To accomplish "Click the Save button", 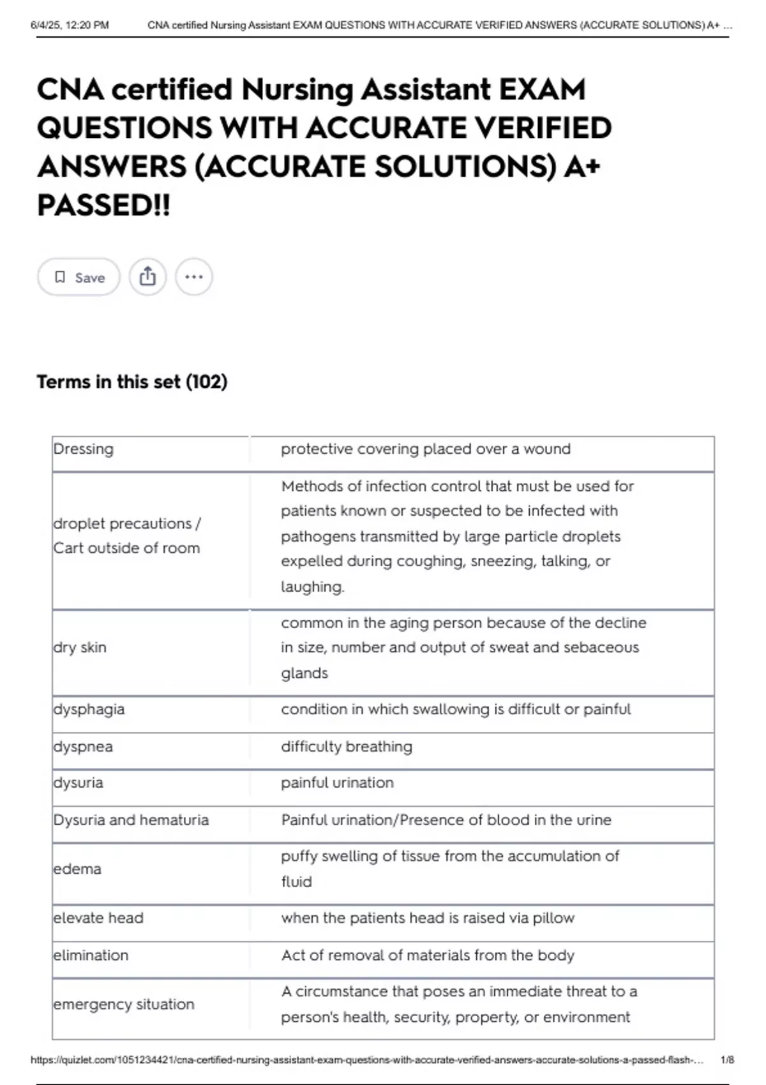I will click(x=79, y=277).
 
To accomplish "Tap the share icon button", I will click(x=147, y=277).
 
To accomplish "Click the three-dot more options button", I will click(x=193, y=277).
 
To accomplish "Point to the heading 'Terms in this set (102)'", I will click(x=131, y=382).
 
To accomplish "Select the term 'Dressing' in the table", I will click(x=84, y=449).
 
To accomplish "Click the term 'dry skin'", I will click(x=80, y=648).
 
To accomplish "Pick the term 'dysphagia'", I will click(x=89, y=710).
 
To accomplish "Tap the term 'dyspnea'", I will click(x=83, y=747).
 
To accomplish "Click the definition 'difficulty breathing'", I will click(x=347, y=747).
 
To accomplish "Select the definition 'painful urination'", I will click(x=337, y=783).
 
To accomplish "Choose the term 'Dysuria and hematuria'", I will click(x=131, y=820).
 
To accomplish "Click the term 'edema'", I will click(x=77, y=869).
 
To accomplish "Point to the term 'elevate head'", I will click(x=98, y=918).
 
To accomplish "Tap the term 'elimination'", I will click(x=91, y=955).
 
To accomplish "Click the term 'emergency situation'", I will click(x=124, y=1005).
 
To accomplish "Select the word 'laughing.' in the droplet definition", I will click(x=312, y=587).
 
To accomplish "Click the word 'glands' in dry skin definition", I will click(x=304, y=673).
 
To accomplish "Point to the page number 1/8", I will click(x=727, y=1060).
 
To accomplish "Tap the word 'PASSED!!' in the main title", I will click(x=103, y=206).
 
